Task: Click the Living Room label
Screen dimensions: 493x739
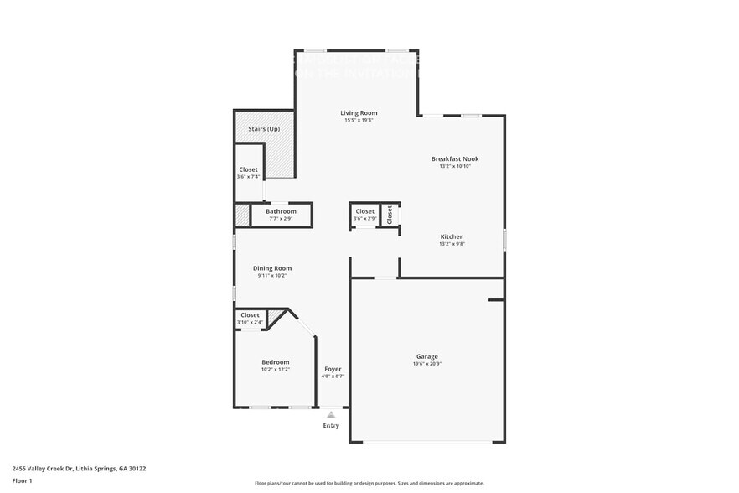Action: point(359,112)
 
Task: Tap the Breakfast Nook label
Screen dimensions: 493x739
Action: point(455,158)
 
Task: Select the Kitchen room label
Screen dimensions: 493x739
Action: point(452,236)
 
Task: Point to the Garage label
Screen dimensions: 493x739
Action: point(426,356)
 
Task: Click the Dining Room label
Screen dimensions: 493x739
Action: point(272,268)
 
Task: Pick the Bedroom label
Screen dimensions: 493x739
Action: point(275,361)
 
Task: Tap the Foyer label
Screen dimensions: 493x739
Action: point(333,369)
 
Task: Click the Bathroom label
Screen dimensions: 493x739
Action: point(281,211)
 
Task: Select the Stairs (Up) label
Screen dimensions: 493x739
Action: point(264,129)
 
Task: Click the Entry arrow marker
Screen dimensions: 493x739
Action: point(332,414)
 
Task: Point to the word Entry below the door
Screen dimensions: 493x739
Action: point(332,426)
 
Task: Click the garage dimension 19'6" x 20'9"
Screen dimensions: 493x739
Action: point(426,364)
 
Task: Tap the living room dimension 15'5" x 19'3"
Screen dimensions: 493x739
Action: point(359,120)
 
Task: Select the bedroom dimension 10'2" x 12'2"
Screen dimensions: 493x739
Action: point(275,369)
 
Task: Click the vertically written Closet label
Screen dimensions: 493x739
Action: point(390,214)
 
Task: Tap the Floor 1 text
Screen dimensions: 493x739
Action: point(22,480)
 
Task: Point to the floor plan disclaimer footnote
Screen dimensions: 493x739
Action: point(369,483)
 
